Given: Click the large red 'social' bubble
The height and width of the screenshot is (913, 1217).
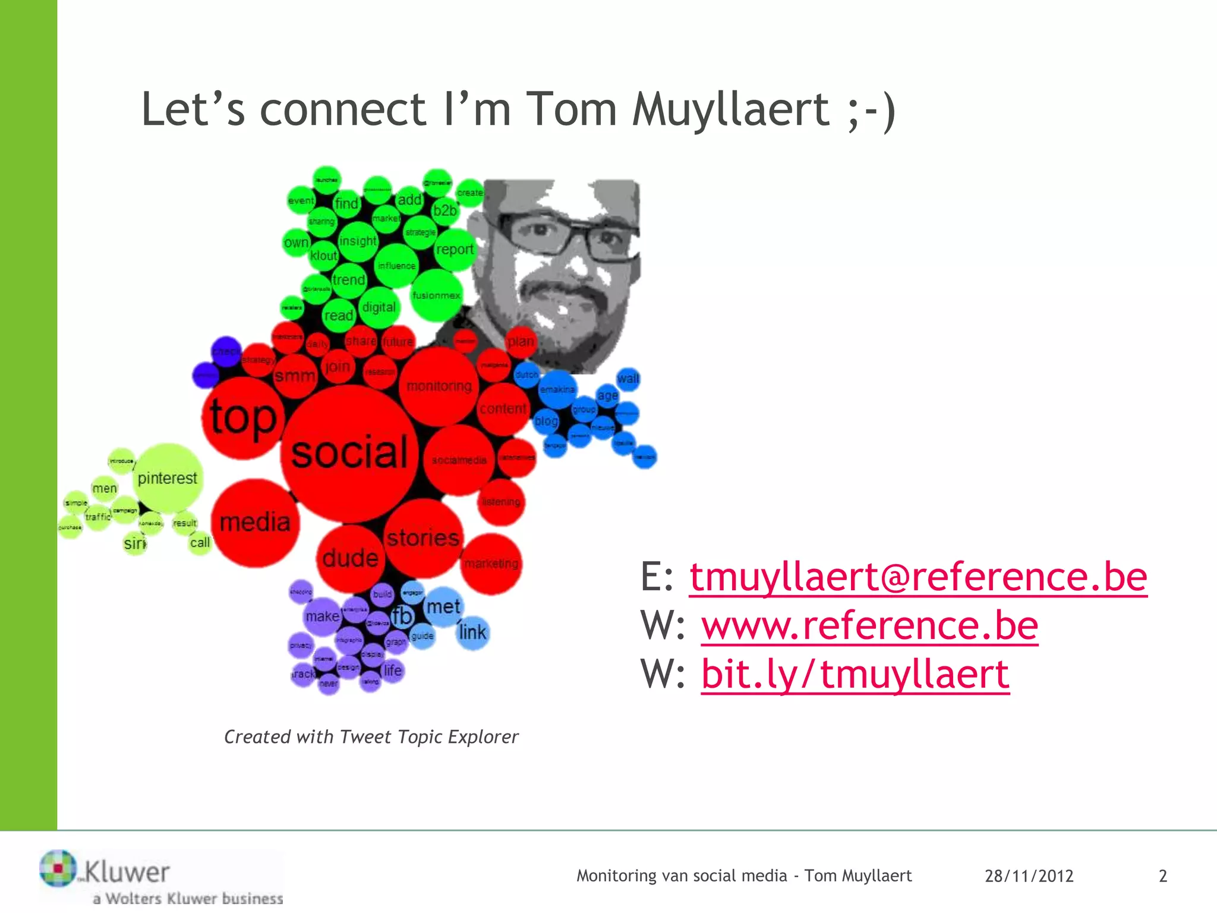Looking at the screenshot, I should point(349,453).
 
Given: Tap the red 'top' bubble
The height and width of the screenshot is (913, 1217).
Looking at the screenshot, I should point(242,417).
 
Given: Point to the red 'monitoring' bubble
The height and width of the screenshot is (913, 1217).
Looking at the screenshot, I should point(439,386).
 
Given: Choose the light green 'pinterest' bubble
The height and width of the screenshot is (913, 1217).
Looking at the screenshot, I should point(168,478).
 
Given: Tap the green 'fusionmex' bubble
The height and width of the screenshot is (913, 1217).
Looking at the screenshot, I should point(436,295).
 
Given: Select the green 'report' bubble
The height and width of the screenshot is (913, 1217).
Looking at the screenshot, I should point(455,250).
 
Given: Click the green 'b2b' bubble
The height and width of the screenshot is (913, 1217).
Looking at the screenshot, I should point(444,210).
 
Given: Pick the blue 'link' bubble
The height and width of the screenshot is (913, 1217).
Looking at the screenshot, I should point(473,632).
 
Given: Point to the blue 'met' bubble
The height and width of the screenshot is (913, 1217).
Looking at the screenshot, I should point(443,607).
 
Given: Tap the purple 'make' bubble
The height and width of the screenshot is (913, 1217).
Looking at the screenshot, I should point(323,616).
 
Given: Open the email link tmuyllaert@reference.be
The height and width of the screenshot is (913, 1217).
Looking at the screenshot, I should point(918,577).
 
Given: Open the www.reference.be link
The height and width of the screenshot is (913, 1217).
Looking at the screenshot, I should point(869,625).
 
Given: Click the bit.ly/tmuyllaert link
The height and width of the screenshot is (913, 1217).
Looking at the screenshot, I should point(855,674).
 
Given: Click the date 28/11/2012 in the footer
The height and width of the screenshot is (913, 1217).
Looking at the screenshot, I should point(1029,876).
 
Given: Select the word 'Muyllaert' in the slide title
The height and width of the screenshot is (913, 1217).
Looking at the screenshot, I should point(730,109).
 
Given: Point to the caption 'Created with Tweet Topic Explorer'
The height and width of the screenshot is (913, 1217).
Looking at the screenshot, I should point(371,737).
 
